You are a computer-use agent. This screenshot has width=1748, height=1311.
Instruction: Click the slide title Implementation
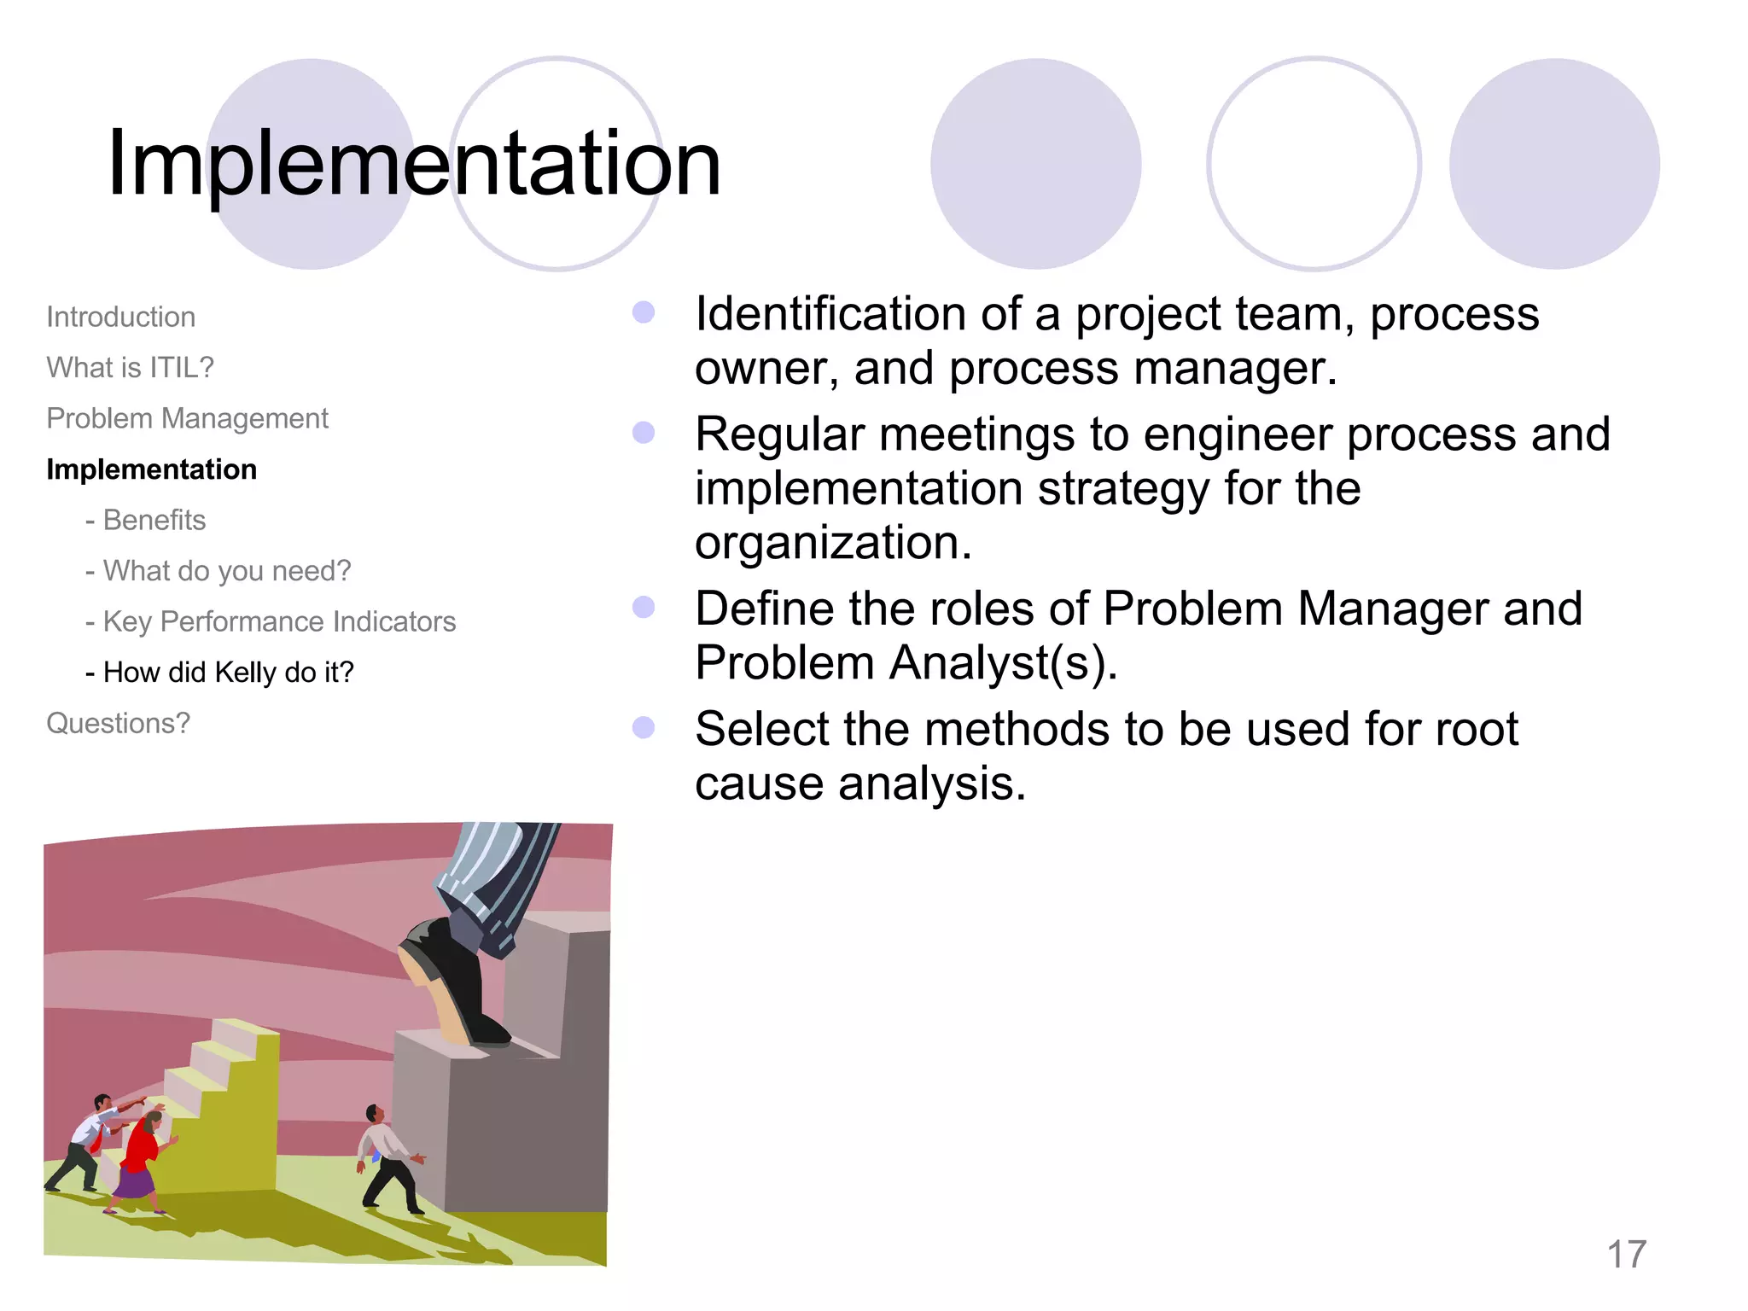[414, 162]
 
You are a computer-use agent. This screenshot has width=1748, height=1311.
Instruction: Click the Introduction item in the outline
[120, 317]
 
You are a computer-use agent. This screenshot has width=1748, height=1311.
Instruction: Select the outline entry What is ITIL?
[130, 368]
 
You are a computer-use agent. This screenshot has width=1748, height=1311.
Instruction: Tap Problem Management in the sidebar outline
[187, 418]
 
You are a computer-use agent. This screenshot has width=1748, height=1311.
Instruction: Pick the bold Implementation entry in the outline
[151, 469]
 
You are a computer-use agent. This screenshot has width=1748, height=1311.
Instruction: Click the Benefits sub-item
[154, 520]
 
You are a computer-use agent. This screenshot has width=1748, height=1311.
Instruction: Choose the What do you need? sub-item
[226, 571]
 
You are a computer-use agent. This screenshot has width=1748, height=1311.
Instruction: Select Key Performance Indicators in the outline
[279, 621]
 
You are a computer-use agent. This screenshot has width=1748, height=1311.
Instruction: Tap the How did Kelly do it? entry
[228, 673]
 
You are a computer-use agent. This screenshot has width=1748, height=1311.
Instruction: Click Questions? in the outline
[118, 723]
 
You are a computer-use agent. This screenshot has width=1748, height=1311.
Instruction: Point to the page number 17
[1626, 1255]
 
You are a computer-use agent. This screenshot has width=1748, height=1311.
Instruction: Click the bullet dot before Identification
[644, 312]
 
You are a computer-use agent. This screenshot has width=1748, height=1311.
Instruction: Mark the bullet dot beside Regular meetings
[644, 433]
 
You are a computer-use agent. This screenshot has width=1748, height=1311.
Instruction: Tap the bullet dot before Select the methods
[644, 727]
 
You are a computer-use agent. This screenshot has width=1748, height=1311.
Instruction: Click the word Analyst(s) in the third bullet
[1003, 663]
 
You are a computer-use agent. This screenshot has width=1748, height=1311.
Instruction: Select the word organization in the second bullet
[832, 543]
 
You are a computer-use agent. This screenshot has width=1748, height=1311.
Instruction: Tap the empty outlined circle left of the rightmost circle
[1314, 164]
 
